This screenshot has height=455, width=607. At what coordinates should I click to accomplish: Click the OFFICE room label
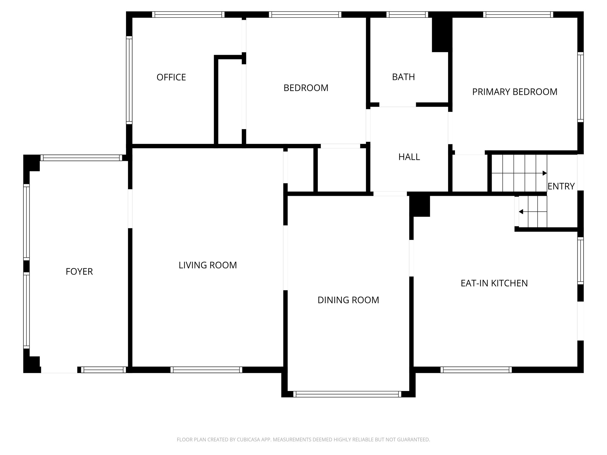(171, 77)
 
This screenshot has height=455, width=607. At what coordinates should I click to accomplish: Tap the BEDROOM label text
(306, 88)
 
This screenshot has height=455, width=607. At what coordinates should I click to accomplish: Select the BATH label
(403, 77)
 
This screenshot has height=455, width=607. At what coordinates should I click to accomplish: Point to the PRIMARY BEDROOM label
(515, 92)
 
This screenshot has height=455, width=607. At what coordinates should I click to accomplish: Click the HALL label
(409, 157)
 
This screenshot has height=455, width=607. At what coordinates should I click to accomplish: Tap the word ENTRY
(561, 186)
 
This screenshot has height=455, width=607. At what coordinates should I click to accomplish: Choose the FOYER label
(79, 272)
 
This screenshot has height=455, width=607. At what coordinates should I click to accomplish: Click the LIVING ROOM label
(207, 265)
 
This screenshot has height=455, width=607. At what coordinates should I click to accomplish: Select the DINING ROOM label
(348, 300)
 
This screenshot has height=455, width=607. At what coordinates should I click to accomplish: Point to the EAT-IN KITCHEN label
(494, 283)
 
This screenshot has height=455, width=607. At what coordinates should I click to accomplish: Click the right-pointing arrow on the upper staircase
(544, 173)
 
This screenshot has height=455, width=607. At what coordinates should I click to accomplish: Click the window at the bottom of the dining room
(347, 394)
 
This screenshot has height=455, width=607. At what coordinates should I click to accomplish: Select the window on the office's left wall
(129, 80)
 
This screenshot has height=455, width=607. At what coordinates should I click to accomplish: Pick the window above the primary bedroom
(518, 15)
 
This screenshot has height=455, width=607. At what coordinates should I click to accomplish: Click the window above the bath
(407, 15)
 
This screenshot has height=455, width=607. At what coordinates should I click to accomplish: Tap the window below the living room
(206, 370)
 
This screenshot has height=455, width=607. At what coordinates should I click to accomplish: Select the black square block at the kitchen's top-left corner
(420, 206)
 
